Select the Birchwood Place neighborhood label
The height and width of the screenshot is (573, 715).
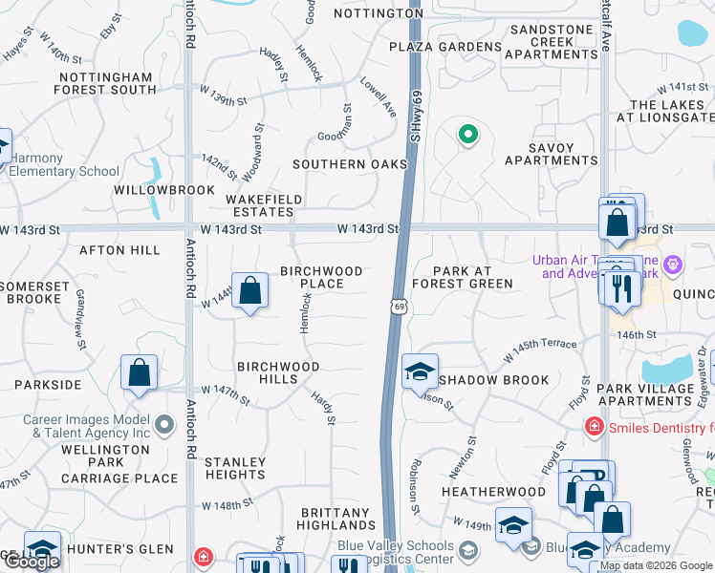321,277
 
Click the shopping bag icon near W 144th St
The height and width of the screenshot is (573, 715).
250,292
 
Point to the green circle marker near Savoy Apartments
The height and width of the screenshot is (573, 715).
467,135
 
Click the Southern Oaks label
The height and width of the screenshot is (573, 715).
350,164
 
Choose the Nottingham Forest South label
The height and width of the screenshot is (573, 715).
105,84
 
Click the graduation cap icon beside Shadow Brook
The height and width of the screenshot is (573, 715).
420,372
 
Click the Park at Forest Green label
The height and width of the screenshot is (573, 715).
463,277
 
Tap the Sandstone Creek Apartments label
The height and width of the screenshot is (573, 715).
552,42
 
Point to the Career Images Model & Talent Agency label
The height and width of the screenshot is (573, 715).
82,426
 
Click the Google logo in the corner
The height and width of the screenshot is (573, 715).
32,562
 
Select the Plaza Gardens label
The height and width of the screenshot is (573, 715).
445,47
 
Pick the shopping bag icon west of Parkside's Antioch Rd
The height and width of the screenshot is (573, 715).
140,374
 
